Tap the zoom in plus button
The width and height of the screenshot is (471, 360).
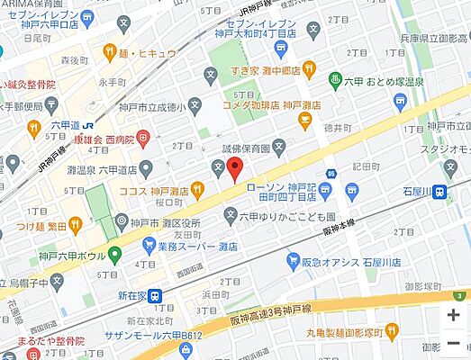click(453, 315)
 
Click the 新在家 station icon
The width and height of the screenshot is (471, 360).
click(155, 294)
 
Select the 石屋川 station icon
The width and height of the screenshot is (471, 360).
click(439, 192)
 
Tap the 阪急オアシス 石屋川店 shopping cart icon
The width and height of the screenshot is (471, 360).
click(293, 261)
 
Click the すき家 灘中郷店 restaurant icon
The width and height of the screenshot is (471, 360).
click(309, 68)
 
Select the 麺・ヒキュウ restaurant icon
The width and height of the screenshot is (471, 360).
click(109, 52)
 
